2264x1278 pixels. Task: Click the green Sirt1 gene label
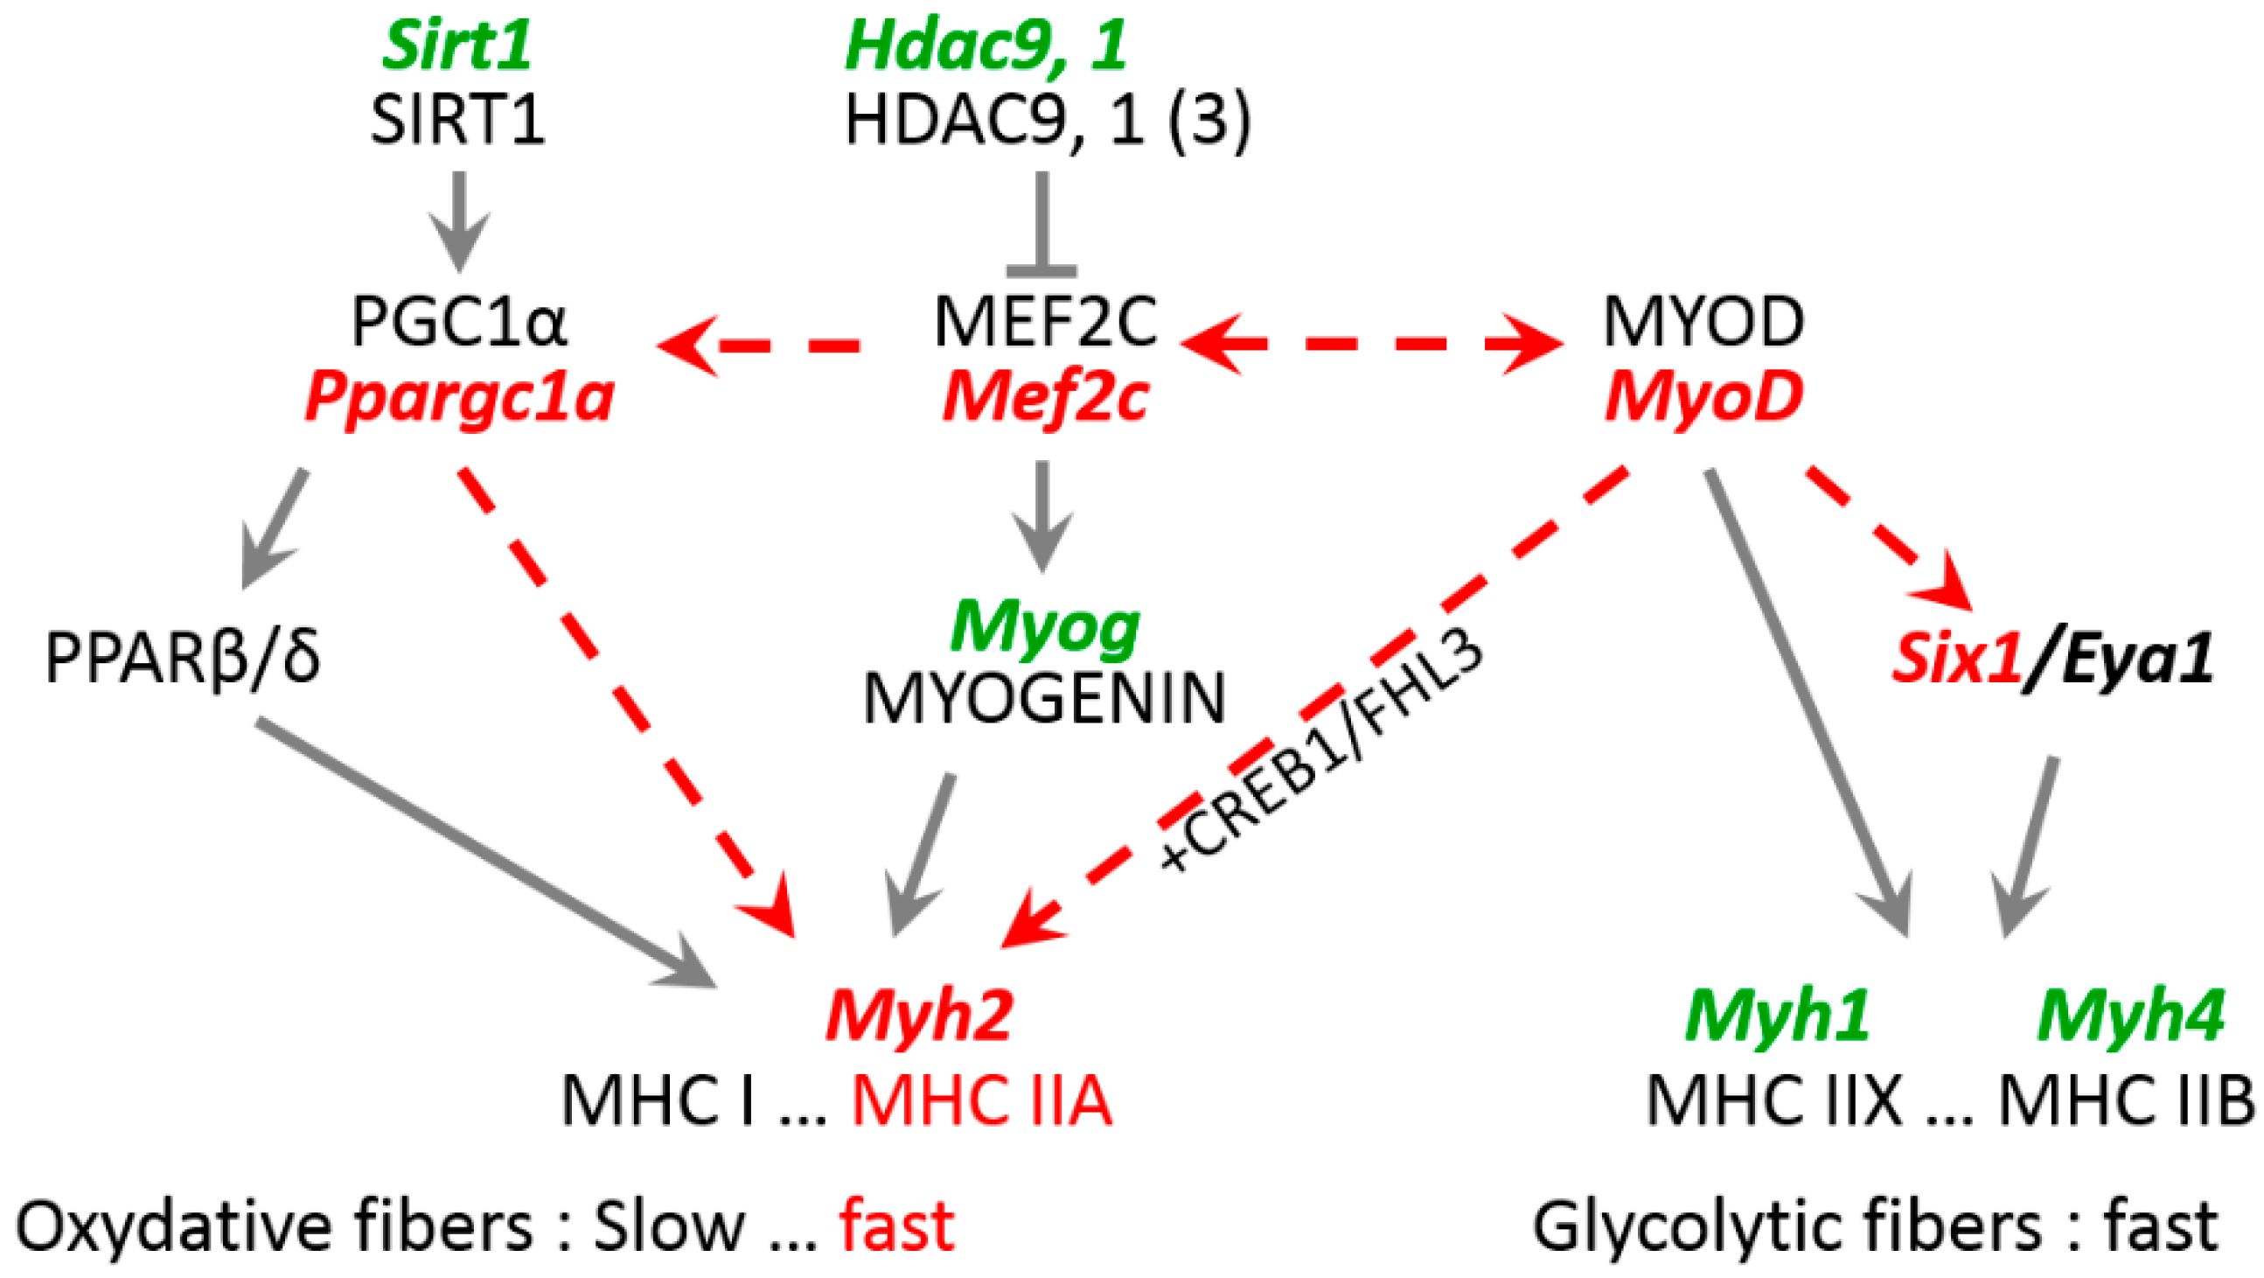click(456, 45)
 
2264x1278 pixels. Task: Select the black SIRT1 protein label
click(456, 120)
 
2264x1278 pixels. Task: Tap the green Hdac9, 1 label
click(985, 45)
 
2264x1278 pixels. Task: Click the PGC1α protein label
click(459, 322)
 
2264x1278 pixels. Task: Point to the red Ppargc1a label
click(459, 398)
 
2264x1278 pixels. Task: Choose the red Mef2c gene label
click(1044, 398)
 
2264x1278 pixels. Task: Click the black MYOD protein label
click(1703, 322)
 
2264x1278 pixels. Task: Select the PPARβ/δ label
click(183, 659)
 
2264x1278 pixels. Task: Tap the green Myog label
click(1044, 627)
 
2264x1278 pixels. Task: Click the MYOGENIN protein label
click(1044, 700)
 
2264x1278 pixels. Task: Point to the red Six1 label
click(1956, 659)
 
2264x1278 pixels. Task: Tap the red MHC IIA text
click(982, 1100)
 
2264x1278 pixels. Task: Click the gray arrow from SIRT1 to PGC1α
click(458, 220)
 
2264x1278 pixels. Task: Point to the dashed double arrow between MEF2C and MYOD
click(1371, 344)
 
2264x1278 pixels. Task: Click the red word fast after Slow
click(896, 1227)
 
